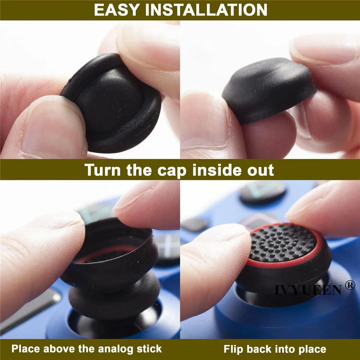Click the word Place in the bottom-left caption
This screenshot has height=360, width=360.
[x=25, y=349]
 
